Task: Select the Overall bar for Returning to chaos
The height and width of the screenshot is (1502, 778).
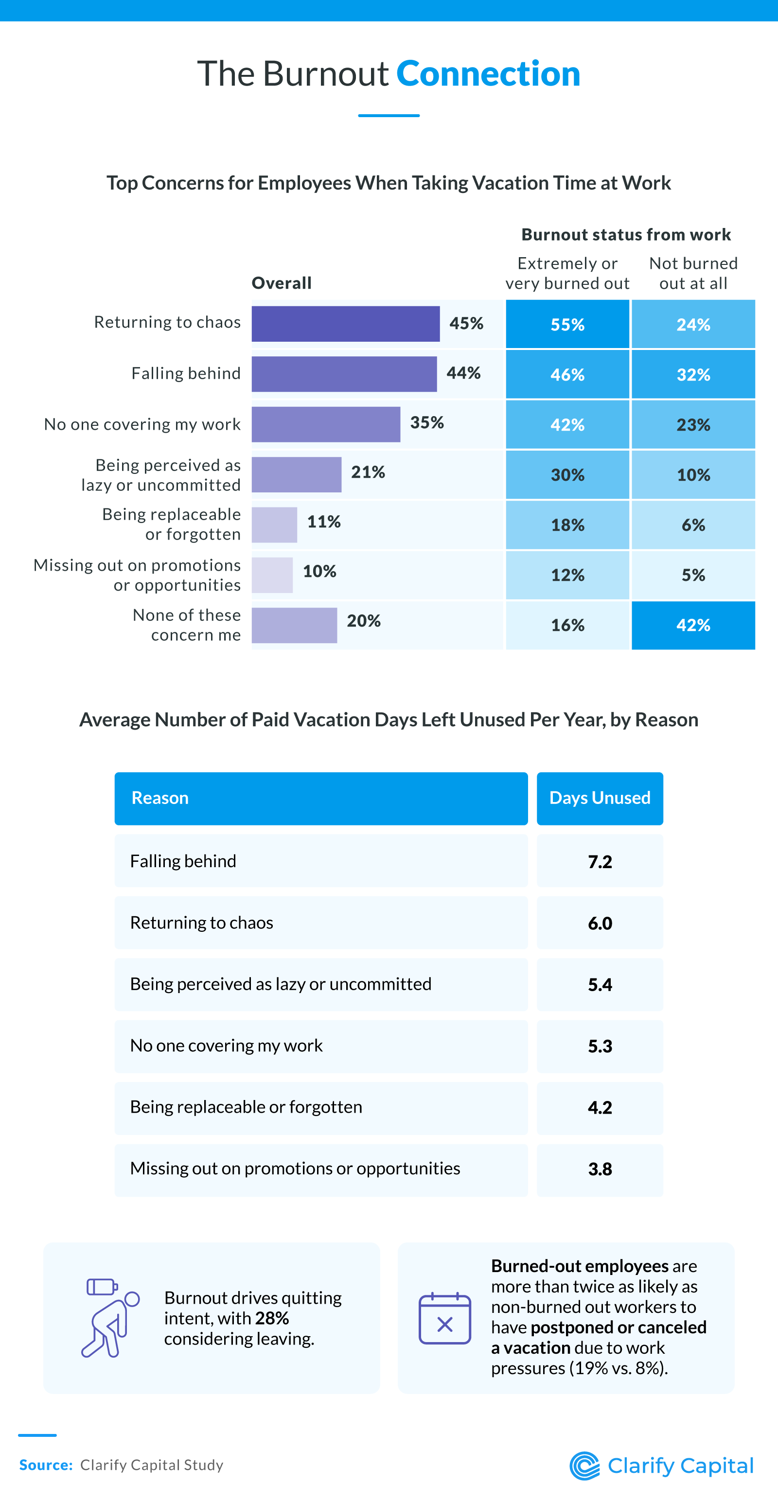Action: click(x=345, y=324)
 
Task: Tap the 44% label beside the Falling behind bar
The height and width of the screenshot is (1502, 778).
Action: click(x=464, y=373)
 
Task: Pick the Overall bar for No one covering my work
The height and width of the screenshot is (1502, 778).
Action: click(x=325, y=424)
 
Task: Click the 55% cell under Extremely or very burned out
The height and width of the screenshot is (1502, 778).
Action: click(x=567, y=324)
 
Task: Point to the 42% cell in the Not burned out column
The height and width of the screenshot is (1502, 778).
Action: click(x=693, y=625)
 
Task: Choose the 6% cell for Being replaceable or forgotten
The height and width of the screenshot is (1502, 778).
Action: click(x=693, y=525)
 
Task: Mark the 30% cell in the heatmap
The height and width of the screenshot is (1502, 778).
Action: click(x=567, y=474)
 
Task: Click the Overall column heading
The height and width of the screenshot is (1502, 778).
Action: click(x=282, y=283)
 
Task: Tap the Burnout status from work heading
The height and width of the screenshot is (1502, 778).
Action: click(x=626, y=234)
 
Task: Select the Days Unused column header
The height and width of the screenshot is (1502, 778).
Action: click(x=600, y=798)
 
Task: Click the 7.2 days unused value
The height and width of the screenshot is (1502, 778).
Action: click(x=600, y=861)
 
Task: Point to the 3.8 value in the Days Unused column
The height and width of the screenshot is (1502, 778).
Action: click(x=600, y=1169)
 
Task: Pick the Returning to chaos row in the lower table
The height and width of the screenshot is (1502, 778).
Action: click(x=321, y=923)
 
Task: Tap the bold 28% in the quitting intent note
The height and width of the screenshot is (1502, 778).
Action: click(x=272, y=1318)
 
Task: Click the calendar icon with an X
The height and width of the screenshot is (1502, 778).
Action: click(x=444, y=1318)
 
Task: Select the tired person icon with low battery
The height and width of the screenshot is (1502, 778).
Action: click(x=109, y=1318)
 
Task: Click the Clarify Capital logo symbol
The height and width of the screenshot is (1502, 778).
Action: click(x=584, y=1466)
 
